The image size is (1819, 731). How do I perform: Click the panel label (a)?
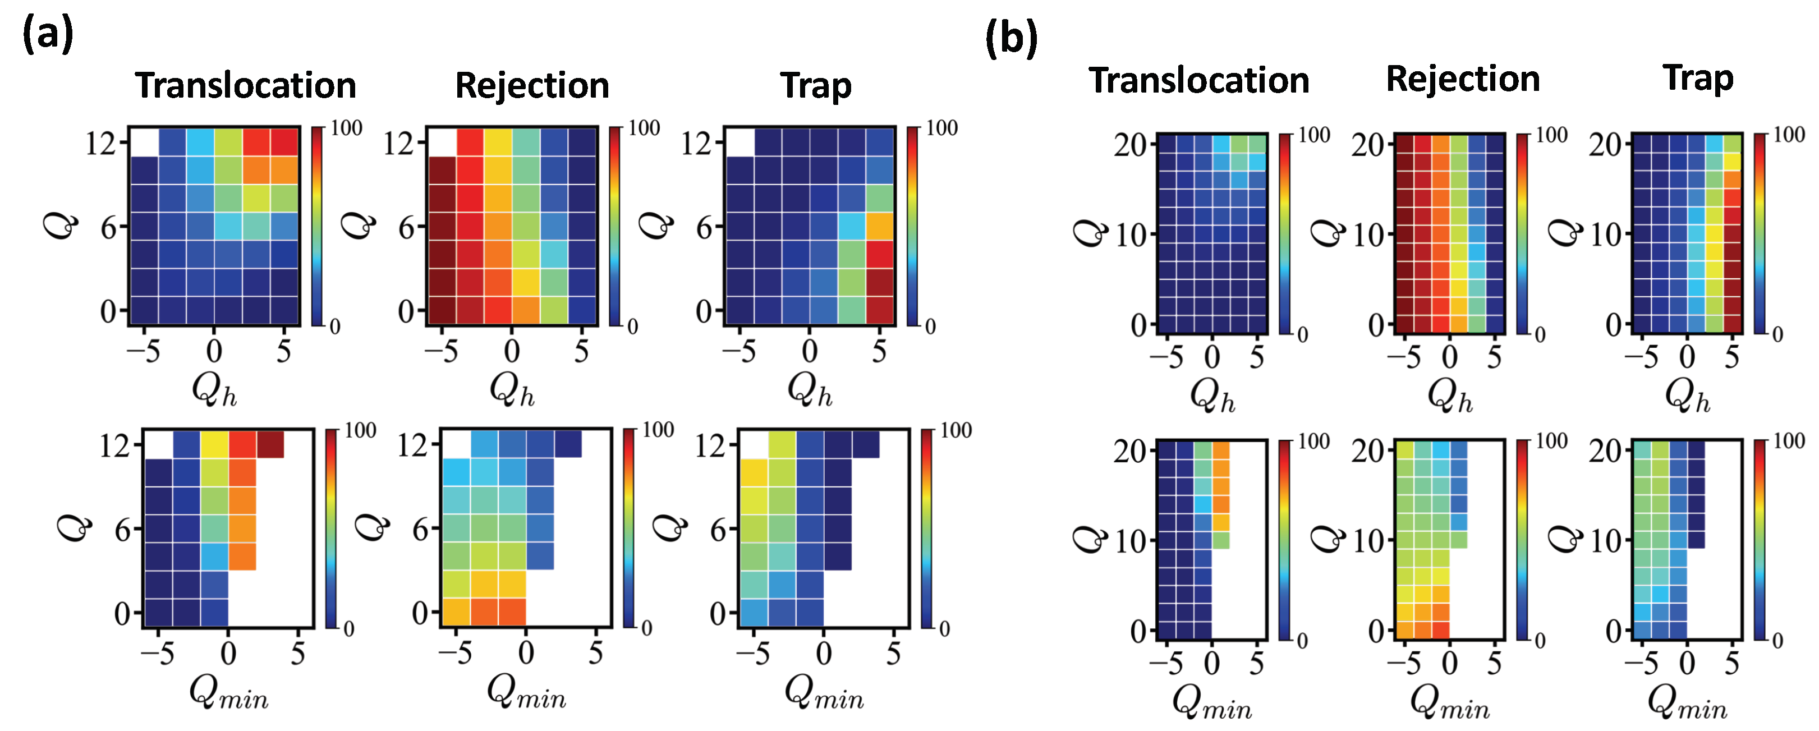[47, 34]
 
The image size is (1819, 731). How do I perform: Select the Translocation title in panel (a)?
[246, 85]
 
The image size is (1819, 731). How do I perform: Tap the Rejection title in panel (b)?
[1462, 79]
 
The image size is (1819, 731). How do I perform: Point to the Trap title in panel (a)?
[816, 85]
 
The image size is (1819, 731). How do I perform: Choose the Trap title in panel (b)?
[1698, 77]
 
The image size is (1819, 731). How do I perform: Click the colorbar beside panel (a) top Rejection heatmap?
[615, 226]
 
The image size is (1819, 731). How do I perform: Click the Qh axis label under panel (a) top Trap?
[809, 390]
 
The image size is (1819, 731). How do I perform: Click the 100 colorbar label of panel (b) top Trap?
[1789, 135]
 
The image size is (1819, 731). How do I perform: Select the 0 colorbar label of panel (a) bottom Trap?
[945, 628]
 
